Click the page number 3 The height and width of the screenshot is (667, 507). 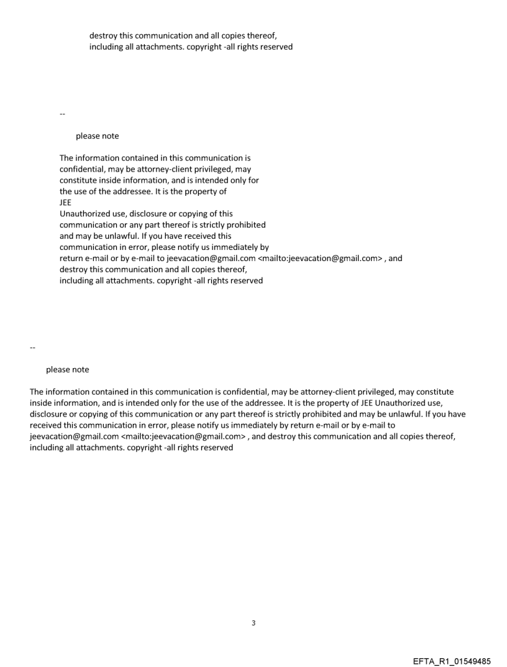click(253, 623)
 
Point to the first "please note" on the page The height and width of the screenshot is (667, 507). click(97, 136)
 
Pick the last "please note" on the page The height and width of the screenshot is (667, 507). click(67, 370)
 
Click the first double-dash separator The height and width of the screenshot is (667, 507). click(62, 114)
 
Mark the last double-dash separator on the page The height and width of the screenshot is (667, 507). click(32, 347)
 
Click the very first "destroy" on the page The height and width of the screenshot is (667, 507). click(103, 35)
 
